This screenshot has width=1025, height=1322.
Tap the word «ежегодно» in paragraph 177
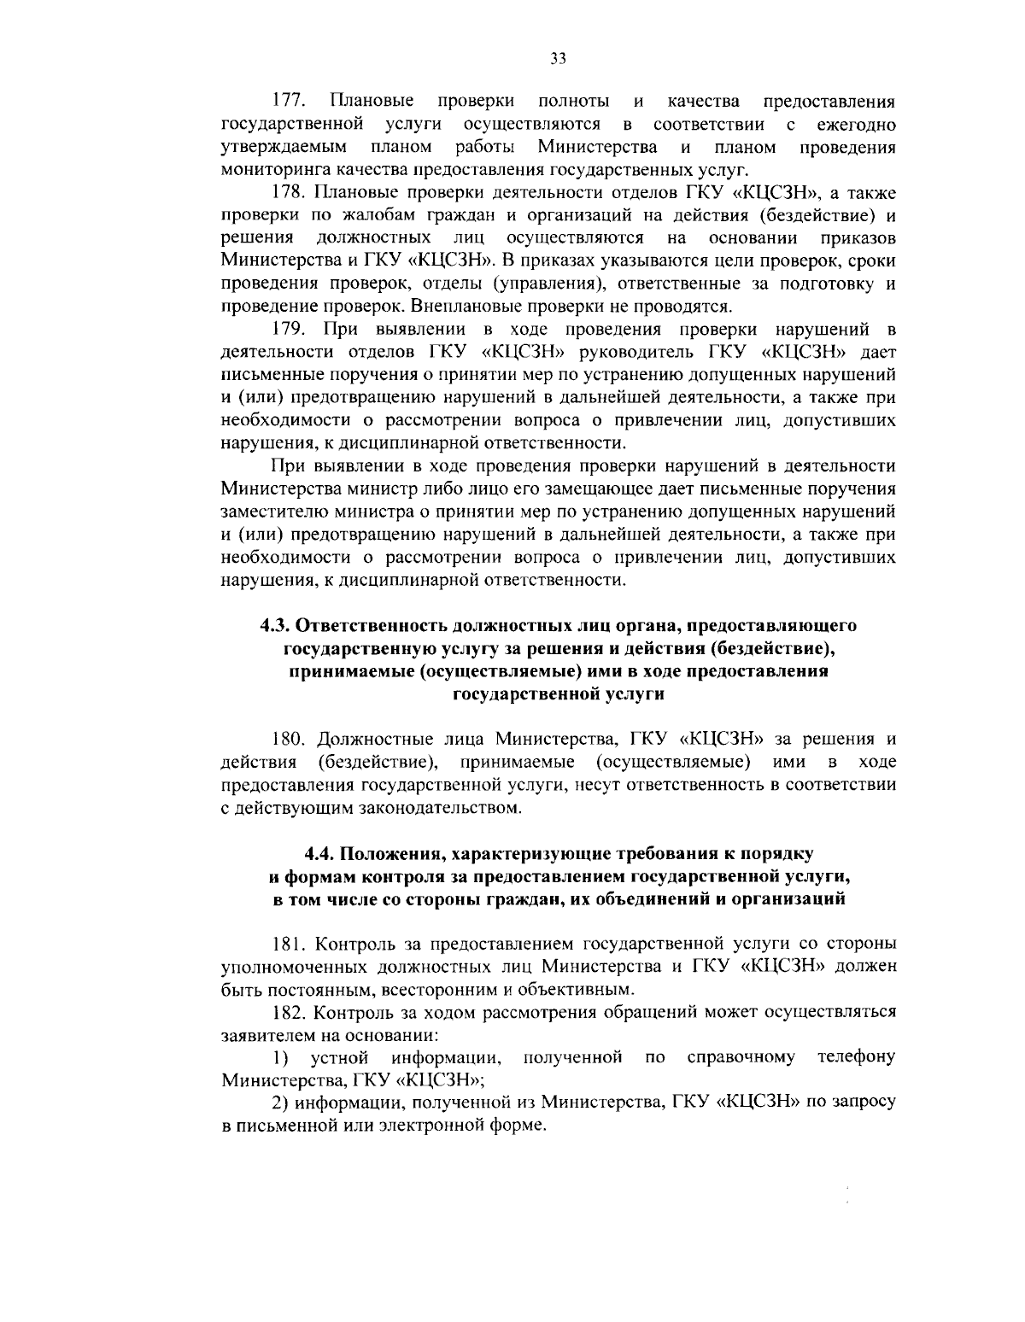pos(856,125)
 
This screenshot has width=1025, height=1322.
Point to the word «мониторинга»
pos(271,170)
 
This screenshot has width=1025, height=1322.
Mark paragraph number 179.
pos(289,328)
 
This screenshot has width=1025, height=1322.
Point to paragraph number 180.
pos(289,739)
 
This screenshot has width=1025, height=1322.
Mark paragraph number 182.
pos(289,1013)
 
